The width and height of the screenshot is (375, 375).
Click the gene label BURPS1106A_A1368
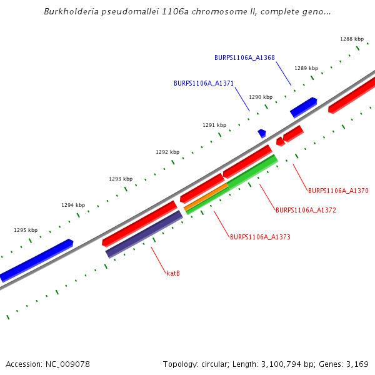(244, 57)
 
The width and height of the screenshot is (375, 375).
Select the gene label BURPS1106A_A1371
(204, 83)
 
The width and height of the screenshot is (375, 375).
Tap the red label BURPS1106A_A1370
(338, 191)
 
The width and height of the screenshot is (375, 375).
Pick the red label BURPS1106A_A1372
(306, 211)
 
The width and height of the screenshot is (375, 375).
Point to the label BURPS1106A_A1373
(260, 237)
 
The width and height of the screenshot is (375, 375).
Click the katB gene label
(173, 273)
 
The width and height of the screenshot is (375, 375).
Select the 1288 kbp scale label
(352, 39)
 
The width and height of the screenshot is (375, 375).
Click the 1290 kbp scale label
(261, 97)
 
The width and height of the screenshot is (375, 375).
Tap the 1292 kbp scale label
(167, 152)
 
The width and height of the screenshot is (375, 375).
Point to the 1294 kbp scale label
(73, 205)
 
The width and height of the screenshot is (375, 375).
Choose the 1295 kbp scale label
(26, 230)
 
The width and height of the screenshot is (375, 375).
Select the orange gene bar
(206, 197)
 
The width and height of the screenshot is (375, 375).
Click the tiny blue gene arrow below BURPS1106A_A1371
(262, 133)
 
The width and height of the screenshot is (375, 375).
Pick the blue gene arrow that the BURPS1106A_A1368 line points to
(303, 107)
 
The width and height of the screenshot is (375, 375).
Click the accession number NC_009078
(66, 364)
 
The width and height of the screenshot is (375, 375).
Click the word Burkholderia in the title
(69, 12)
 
